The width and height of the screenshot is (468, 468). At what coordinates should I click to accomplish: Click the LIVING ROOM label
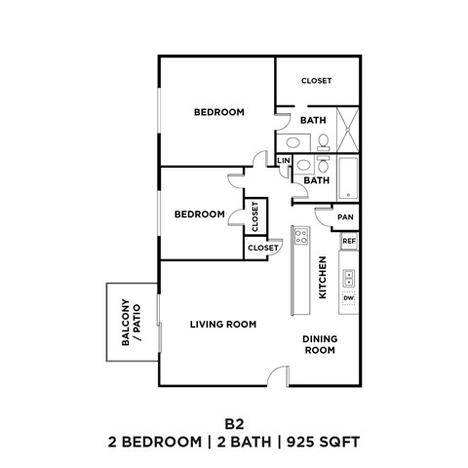(222, 324)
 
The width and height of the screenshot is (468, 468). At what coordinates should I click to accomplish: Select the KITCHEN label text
(321, 276)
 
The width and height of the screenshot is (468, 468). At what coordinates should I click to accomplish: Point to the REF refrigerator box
(349, 240)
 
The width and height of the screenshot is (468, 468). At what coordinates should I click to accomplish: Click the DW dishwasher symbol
(348, 297)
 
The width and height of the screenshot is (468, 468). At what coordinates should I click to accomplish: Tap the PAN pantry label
(345, 217)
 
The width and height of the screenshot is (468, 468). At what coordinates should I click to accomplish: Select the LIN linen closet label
(284, 161)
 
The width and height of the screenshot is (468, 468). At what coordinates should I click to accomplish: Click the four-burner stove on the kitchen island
(301, 236)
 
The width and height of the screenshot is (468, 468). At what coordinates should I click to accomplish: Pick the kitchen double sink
(348, 277)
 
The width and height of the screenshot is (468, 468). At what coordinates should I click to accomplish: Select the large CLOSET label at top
(316, 81)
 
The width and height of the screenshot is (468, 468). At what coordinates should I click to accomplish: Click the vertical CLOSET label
(254, 214)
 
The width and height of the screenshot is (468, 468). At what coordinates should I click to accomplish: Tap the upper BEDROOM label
(218, 112)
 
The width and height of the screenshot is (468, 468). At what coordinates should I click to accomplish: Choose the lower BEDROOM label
(200, 214)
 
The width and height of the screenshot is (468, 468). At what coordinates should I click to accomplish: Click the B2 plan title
(233, 423)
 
